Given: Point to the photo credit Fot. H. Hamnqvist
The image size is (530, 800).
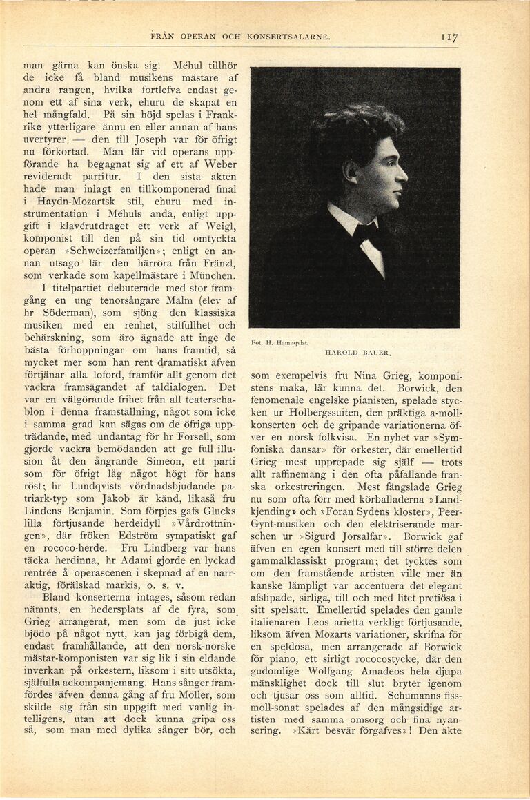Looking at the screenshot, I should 279,342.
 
